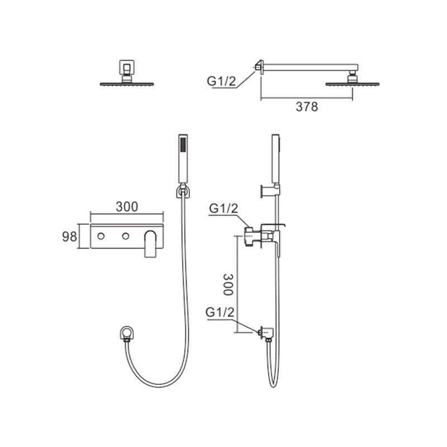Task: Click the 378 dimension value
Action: [307, 107]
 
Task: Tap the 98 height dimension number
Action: [69, 236]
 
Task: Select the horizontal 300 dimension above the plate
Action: [127, 207]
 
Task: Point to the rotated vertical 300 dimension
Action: [228, 284]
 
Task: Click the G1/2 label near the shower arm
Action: [221, 82]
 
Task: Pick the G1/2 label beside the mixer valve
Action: [223, 208]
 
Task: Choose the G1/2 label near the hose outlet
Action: [220, 313]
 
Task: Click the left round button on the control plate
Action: [101, 236]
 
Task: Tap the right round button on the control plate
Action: [125, 236]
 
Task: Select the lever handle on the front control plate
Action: [150, 244]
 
